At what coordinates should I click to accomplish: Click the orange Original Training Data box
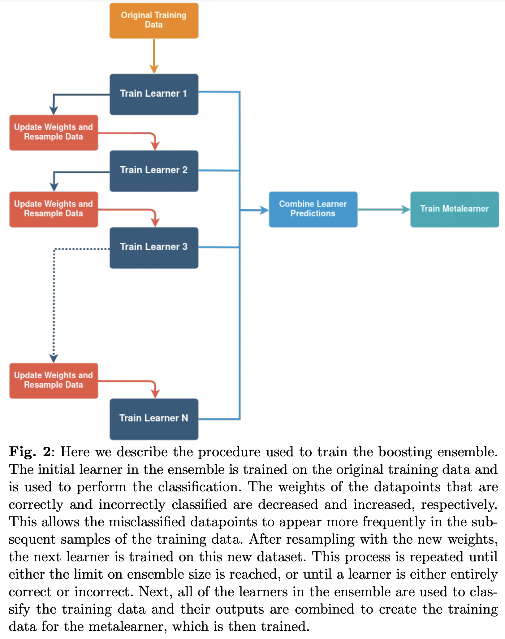coord(154,20)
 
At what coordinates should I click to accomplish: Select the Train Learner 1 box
coord(154,94)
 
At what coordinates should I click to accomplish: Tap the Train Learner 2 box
coord(154,171)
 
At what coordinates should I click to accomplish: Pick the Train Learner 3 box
coord(154,247)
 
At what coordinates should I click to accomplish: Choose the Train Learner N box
coord(154,419)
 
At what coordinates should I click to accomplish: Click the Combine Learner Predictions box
coord(313,209)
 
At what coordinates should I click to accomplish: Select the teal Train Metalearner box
coord(454,209)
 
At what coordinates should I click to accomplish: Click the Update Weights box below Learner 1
coord(54,133)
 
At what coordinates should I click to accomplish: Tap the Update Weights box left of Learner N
coord(54,380)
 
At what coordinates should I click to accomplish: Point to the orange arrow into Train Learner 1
coord(154,56)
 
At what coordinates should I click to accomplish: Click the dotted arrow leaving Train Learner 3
coord(54,303)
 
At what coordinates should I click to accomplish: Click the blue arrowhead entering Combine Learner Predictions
coord(265,210)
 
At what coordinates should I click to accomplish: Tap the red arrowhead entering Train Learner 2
coord(155,145)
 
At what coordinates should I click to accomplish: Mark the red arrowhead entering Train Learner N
coord(155,393)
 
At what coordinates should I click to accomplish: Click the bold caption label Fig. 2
coord(30,452)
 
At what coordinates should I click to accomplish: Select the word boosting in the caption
coord(405,452)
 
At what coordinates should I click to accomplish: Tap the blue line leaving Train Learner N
coord(219,419)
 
